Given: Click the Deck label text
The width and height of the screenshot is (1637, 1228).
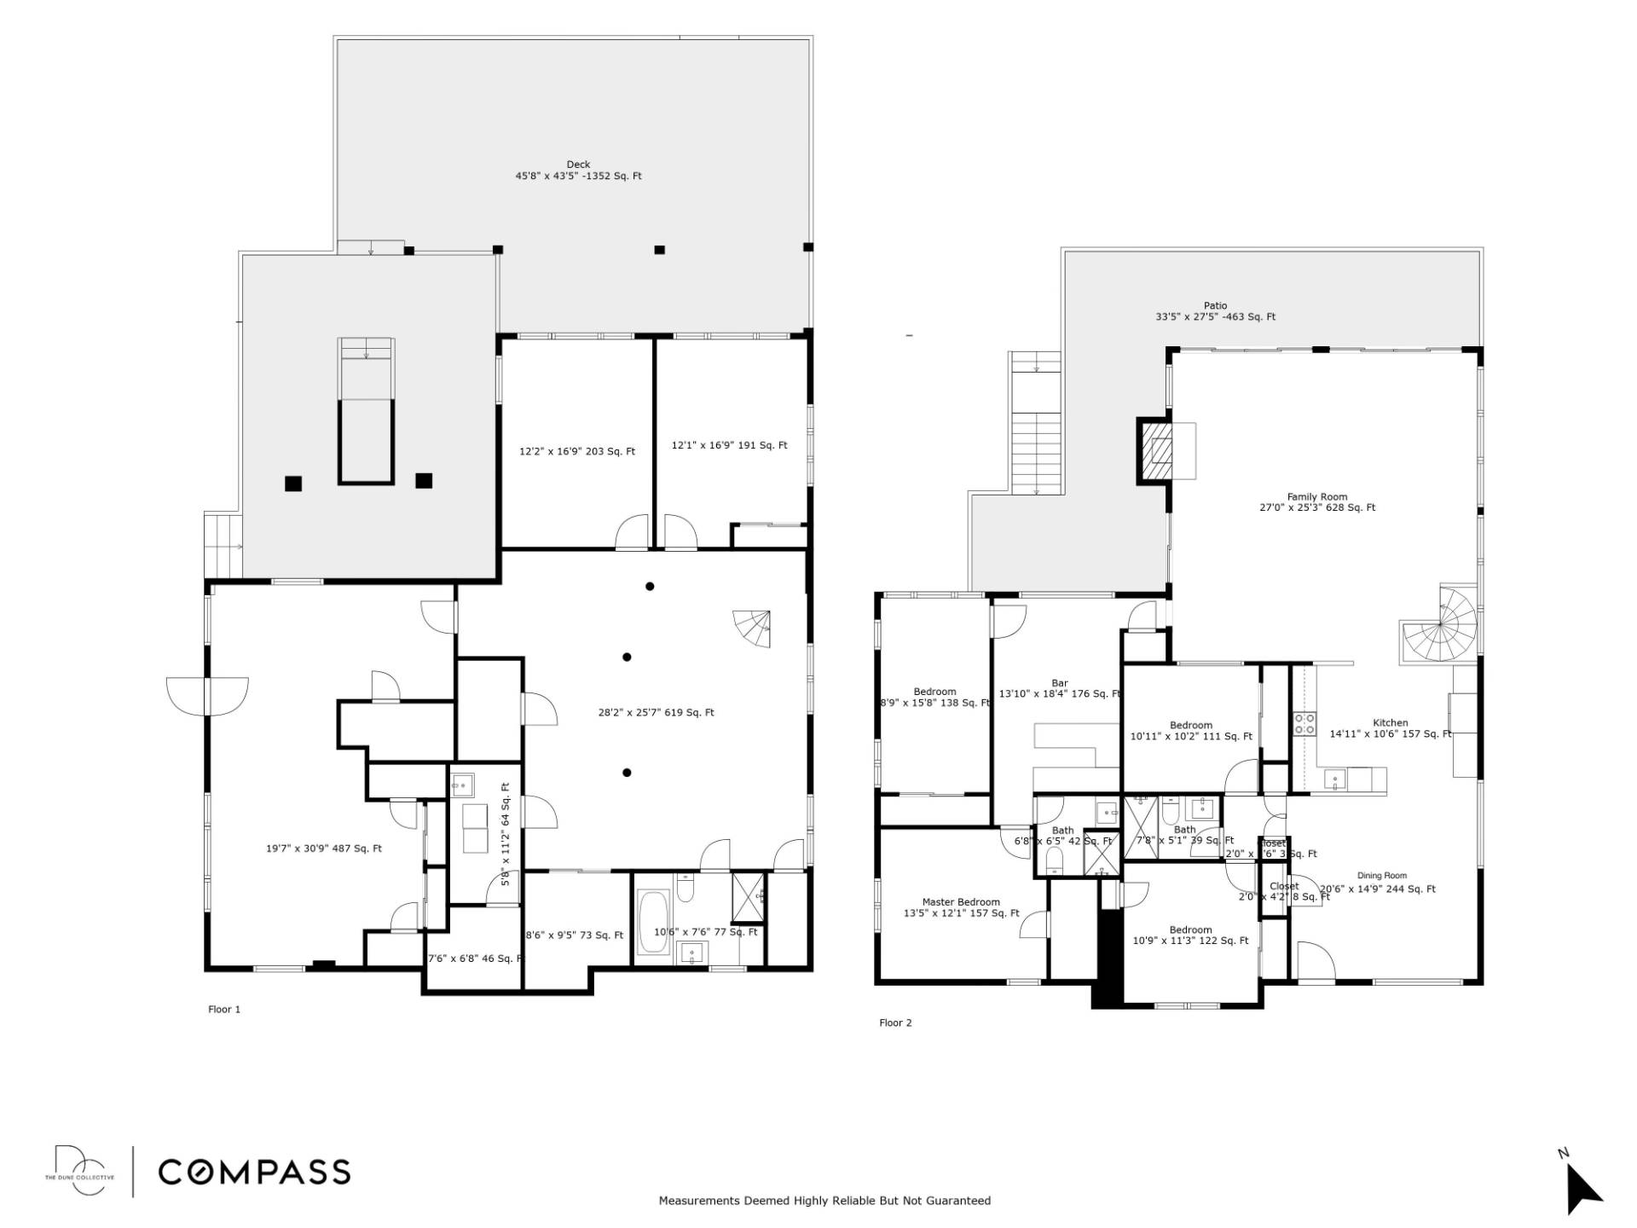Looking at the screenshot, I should pos(578,165).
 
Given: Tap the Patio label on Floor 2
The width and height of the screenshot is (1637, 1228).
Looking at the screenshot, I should pos(1215,306).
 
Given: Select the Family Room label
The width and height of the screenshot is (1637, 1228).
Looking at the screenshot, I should pos(1316,497).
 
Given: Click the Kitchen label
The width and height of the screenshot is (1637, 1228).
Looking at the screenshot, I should pos(1390,723).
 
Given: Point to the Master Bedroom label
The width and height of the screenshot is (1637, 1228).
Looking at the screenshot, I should pos(961,902).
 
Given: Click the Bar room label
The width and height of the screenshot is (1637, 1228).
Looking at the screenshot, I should pos(1060,683).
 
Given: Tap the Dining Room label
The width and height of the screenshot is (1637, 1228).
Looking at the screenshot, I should pos(1382,876).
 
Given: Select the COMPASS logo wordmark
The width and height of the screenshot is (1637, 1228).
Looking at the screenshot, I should pos(254,1172).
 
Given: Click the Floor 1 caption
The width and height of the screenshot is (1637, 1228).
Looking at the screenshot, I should pos(224,1010).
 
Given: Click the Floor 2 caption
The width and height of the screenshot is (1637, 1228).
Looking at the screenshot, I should pos(895,1023).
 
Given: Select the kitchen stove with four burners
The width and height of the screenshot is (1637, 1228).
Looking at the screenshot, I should pos(1304,724).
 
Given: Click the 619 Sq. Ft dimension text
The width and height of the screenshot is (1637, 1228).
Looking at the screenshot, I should pos(656,713).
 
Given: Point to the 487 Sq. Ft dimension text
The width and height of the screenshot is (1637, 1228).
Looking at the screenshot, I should pos(324,849).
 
